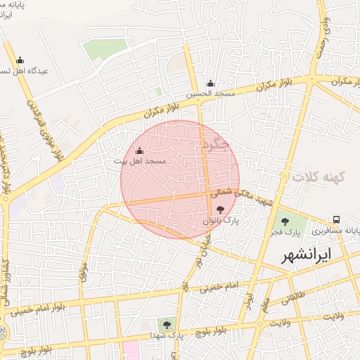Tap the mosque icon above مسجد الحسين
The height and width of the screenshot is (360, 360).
(x=210, y=83)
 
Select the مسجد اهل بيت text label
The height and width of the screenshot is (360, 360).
(x=140, y=161)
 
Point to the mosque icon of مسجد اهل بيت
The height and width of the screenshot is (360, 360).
(x=139, y=150)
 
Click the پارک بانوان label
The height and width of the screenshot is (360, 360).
(x=221, y=220)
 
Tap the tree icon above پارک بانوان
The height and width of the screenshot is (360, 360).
(x=221, y=209)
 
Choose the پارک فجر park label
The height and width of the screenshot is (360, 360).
(x=287, y=231)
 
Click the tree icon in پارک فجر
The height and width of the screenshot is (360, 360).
(x=286, y=220)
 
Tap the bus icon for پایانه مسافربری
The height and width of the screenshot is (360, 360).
(x=337, y=219)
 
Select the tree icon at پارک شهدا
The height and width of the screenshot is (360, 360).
(x=167, y=325)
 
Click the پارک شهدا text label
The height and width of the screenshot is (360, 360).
(x=166, y=335)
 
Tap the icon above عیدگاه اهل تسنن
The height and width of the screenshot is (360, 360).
(x=20, y=60)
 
